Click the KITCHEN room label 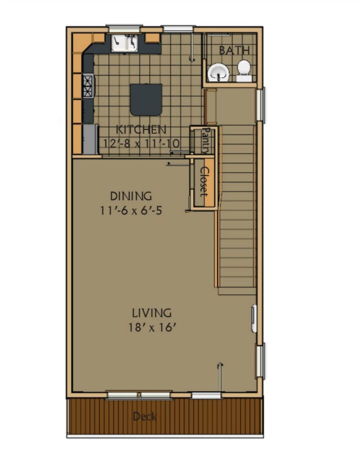coord(140,129)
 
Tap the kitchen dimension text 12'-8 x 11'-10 coord(141,143)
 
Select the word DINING coord(131,196)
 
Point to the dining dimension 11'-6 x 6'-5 coord(131,210)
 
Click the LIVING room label coord(152,313)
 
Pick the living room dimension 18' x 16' coord(150,327)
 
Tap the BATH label coord(234,50)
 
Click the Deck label coord(145,416)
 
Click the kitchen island coord(146,99)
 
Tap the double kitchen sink coord(124,43)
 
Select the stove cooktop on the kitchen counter coord(88,86)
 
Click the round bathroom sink coord(218,72)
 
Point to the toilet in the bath coord(244,70)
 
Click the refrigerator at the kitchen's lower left coord(90,139)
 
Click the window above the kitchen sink coord(124,28)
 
